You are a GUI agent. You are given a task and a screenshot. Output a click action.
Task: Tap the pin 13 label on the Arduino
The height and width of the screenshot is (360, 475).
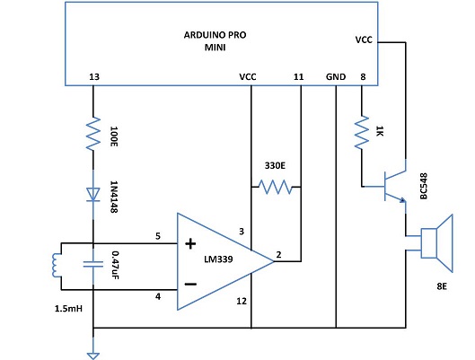94,77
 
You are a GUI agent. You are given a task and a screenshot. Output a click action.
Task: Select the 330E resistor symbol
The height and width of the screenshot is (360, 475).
275,188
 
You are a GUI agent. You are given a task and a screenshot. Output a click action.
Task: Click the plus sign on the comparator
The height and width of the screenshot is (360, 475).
189,243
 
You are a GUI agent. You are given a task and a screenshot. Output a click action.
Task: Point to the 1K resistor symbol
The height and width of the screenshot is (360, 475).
361,136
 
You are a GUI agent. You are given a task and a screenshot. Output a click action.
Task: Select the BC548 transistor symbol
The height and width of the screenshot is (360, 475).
395,186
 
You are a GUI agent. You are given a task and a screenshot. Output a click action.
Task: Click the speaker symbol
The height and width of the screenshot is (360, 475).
435,240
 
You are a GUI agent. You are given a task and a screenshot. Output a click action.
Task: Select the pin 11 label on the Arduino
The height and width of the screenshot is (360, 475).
299,77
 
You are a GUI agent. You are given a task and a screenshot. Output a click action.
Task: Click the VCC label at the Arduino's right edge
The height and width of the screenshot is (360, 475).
363,40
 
